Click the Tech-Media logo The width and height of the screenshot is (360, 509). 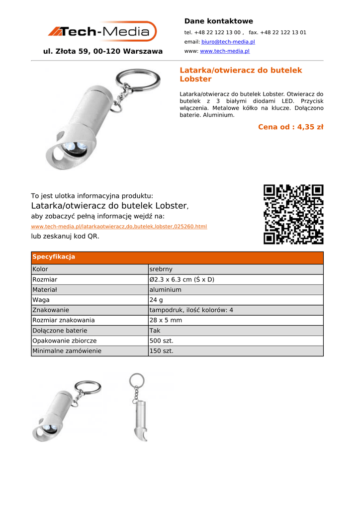[x=102, y=31]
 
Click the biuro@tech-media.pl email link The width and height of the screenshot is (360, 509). [x=228, y=42]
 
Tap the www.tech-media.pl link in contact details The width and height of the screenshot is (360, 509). [x=224, y=51]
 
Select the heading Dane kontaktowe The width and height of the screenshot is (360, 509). [x=218, y=21]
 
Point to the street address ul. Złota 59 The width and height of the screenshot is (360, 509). [x=103, y=51]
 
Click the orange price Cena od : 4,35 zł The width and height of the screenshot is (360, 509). [x=290, y=127]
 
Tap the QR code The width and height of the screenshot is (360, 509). [x=293, y=214]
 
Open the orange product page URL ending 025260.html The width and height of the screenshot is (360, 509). [x=119, y=227]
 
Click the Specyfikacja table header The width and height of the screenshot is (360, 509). [x=54, y=257]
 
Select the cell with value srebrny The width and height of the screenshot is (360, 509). [x=161, y=269]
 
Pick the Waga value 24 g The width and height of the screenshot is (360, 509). [x=156, y=300]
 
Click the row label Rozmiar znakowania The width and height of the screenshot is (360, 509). [x=64, y=320]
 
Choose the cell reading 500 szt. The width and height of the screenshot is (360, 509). [x=161, y=340]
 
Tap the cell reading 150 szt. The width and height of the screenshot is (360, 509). [x=161, y=351]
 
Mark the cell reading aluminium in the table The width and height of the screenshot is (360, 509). [x=165, y=290]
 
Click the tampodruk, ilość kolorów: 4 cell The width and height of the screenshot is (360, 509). [x=191, y=310]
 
